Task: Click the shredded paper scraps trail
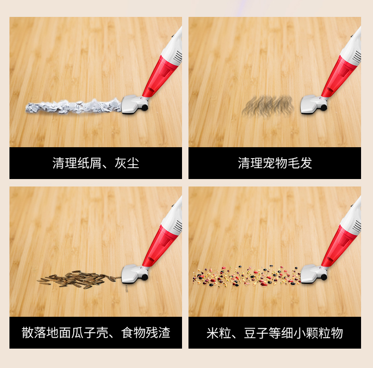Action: click(x=73, y=107)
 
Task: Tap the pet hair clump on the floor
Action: click(x=268, y=106)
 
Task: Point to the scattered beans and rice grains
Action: click(x=247, y=276)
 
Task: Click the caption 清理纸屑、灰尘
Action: click(x=95, y=163)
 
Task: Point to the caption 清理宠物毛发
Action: click(x=275, y=163)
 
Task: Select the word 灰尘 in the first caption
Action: click(x=127, y=163)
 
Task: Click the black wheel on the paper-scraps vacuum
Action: click(x=145, y=108)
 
